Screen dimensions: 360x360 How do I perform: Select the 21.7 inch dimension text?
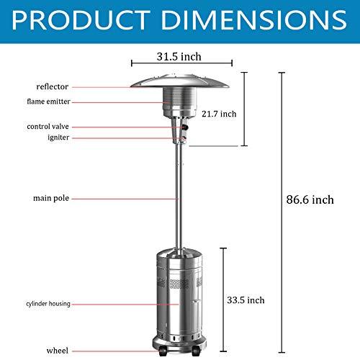click(x=219, y=114)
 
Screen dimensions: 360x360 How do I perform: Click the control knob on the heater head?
click(x=184, y=130)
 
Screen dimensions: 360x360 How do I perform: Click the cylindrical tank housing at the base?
click(x=176, y=295)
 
